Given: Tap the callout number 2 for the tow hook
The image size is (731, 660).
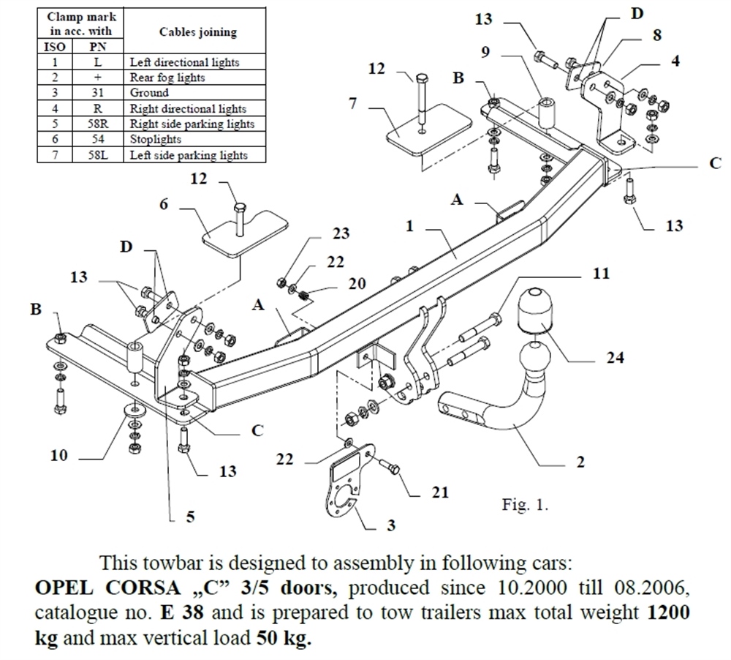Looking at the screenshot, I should coord(580,462).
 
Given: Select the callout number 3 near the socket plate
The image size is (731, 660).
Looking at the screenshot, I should coord(392,525).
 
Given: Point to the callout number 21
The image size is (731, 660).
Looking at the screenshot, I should coord(440,492).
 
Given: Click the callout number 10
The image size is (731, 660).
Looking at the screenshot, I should coord(59,456).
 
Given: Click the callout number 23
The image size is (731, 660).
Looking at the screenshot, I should coord(341,234).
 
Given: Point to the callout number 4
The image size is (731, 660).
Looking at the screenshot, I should coord(675,61).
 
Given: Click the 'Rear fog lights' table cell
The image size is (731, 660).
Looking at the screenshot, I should coord(167,78).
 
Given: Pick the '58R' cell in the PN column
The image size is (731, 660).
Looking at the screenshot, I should coord(97,124).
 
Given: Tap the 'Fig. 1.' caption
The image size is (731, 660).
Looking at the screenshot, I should coord(525,505).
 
